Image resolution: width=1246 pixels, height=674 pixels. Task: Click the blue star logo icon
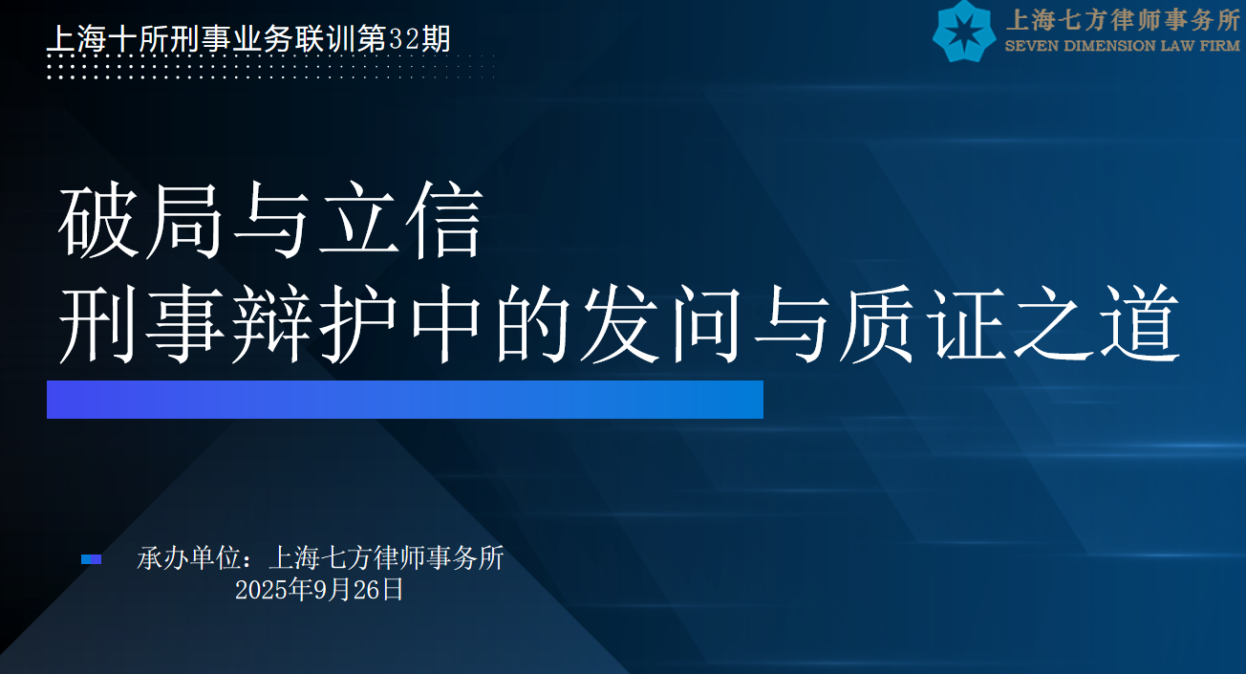click(x=964, y=31)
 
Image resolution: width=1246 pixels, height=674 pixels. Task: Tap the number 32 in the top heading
click(x=404, y=39)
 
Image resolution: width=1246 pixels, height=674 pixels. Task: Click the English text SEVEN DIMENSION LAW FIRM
click(x=1122, y=46)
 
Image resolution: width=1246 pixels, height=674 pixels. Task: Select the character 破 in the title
click(x=98, y=220)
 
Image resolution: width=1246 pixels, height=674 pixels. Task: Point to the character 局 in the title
click(x=184, y=220)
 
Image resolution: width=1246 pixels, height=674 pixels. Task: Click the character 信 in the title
click(x=443, y=220)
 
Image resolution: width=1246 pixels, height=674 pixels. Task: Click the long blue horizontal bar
click(x=405, y=400)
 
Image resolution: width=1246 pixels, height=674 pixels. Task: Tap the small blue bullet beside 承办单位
click(x=91, y=559)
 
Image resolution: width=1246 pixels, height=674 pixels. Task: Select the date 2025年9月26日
click(x=319, y=590)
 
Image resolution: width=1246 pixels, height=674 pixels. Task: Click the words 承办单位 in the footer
click(x=188, y=557)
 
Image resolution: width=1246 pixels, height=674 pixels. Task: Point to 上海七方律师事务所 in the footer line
click(x=387, y=557)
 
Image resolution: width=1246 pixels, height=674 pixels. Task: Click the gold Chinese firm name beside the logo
click(x=1123, y=21)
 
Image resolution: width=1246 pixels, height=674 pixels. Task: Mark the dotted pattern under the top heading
click(x=271, y=67)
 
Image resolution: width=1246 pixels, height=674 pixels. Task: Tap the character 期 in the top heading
click(x=436, y=39)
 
